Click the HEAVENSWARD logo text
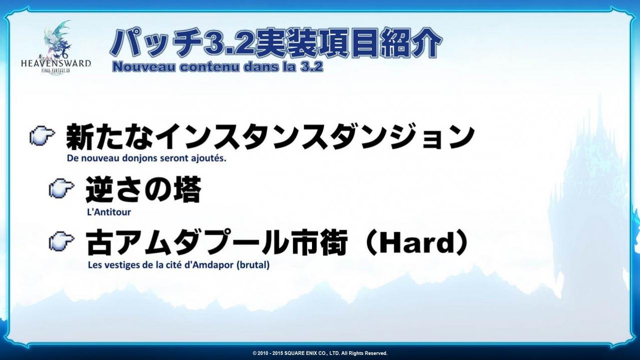tap(56, 64)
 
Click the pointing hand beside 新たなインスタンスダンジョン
tap(42, 137)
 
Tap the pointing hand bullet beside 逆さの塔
tap(62, 188)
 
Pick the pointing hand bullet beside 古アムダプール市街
tap(62, 240)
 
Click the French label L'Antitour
tap(109, 212)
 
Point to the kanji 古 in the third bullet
tap(100, 243)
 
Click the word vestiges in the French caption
tap(128, 265)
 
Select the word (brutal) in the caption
tap(253, 265)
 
